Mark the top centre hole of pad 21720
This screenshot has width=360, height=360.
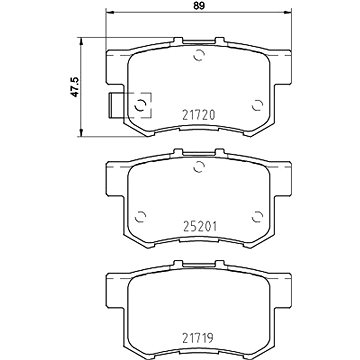click(x=199, y=55)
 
